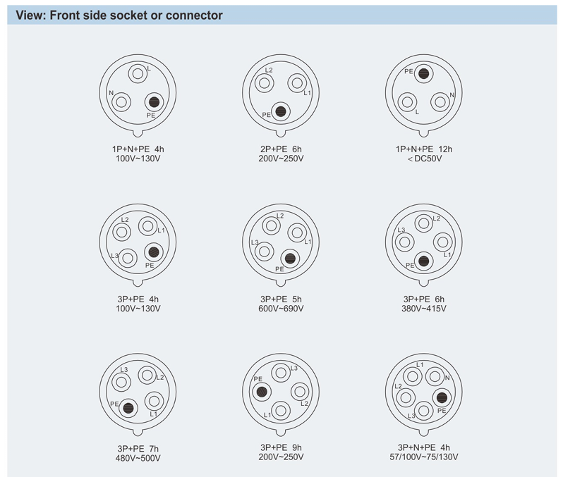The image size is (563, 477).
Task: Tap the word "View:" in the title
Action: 31,15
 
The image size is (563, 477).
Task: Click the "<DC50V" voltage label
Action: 424,159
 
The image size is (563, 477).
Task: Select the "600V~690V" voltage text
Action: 281,308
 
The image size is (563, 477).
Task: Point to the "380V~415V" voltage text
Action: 424,308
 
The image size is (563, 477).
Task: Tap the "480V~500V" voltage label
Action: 139,458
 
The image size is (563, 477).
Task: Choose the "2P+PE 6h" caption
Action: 281,149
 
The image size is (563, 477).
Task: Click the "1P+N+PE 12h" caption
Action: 424,149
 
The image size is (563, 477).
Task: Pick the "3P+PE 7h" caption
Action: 139,447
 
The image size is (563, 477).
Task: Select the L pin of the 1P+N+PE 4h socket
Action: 138,74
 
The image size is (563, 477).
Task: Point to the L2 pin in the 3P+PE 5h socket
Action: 272,226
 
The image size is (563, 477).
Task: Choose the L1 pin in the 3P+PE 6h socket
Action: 442,242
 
